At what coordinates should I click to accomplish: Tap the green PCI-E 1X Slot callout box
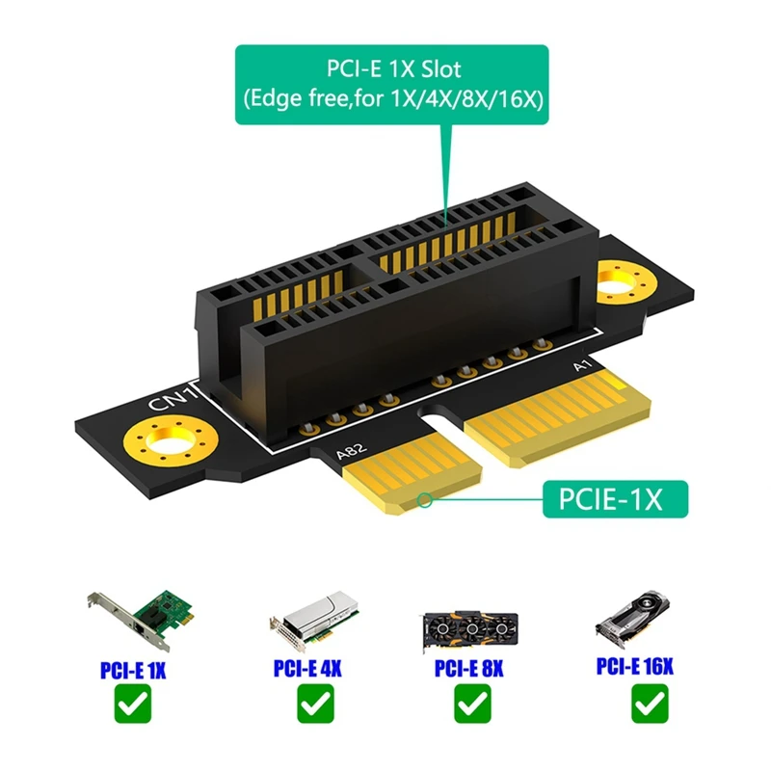391,84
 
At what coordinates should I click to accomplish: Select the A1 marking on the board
581,366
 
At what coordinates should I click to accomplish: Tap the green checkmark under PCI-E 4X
309,706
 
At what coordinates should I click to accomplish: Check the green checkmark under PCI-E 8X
470,706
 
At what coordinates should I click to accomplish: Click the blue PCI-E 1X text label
133,668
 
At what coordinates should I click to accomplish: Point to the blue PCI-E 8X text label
470,667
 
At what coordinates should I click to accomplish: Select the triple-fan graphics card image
469,627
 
